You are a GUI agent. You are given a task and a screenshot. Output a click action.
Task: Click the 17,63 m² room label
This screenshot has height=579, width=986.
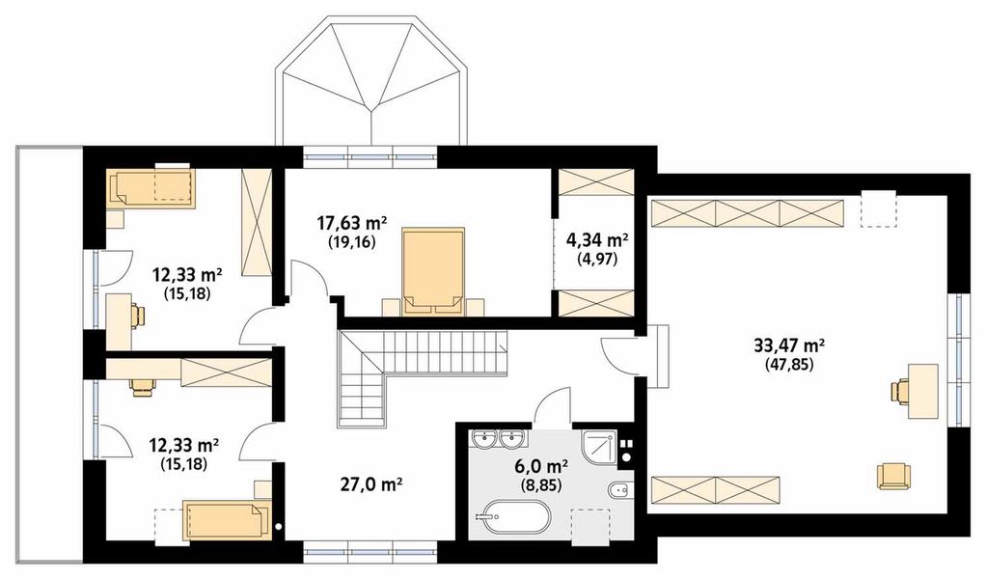(x=351, y=223)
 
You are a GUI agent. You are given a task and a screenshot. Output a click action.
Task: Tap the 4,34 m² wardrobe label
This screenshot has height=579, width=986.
(x=597, y=240)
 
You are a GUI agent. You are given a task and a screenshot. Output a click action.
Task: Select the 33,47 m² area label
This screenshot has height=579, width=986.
(x=789, y=345)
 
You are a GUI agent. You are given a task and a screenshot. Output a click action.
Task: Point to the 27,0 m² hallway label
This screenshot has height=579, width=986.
(x=371, y=484)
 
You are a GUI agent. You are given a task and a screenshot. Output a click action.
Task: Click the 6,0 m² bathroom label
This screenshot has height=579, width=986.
(x=541, y=466)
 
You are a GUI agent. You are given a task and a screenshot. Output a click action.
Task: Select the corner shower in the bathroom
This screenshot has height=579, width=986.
(x=599, y=447)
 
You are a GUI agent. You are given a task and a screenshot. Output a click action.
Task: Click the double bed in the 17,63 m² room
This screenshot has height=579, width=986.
(x=433, y=270)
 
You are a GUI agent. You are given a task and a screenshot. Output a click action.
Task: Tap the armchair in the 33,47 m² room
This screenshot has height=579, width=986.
(x=893, y=476)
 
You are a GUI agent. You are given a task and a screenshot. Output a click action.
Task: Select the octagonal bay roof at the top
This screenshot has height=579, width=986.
(x=372, y=82)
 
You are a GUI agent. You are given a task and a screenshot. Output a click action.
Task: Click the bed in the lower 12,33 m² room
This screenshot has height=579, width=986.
(x=228, y=520)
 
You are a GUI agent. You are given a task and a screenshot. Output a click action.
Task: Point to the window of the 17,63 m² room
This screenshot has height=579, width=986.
(x=370, y=156)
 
